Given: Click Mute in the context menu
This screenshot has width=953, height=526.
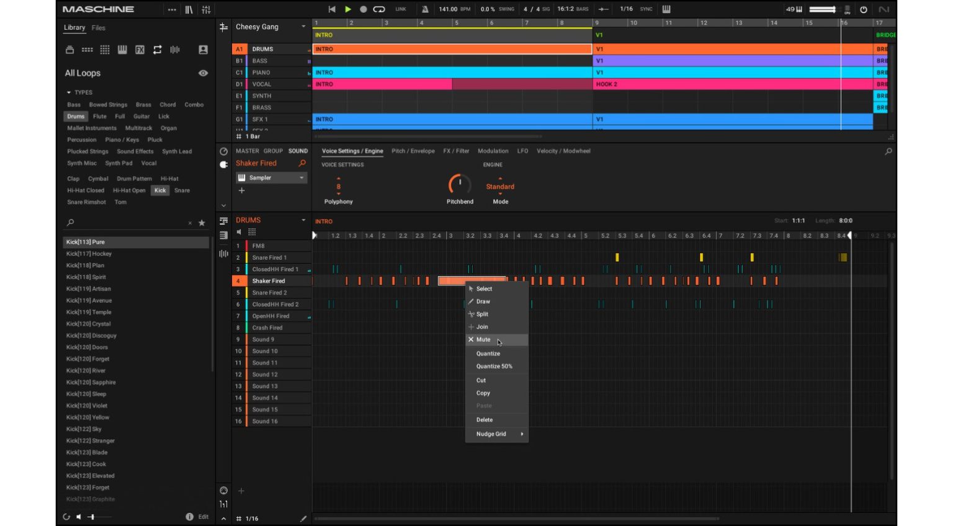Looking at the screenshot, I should (x=483, y=340).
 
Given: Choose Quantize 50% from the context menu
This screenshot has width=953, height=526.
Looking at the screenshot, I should (x=494, y=367).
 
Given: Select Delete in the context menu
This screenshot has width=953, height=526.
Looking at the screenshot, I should (x=485, y=420).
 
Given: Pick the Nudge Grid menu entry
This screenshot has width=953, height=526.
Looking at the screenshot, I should (x=491, y=434).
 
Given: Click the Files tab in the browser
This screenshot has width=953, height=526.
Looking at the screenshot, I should (x=99, y=28).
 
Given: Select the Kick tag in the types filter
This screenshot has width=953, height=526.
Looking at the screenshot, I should (x=160, y=190).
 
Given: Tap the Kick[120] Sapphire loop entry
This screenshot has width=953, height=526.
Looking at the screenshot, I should (x=91, y=383).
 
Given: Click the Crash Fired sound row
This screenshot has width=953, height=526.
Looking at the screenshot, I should (x=267, y=328).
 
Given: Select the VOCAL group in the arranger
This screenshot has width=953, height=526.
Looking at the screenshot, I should (x=262, y=84).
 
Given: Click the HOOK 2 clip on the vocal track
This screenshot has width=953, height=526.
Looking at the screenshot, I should (x=607, y=84).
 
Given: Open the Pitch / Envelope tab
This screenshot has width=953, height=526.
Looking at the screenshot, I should (x=413, y=151).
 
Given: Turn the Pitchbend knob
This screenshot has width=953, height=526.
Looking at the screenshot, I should (x=460, y=184).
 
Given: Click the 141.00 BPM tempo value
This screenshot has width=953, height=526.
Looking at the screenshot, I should (x=448, y=9).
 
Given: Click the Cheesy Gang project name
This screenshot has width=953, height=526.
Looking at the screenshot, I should (x=257, y=27).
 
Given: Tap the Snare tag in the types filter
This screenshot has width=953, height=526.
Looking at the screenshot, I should (x=182, y=190).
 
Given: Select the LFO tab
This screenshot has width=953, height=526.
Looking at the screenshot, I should (x=522, y=151).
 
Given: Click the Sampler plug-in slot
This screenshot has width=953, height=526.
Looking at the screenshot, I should (x=271, y=178).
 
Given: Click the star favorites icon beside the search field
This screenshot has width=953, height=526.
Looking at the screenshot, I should (x=202, y=223).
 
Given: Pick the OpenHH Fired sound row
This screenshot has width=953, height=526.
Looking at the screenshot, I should (x=271, y=316).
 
